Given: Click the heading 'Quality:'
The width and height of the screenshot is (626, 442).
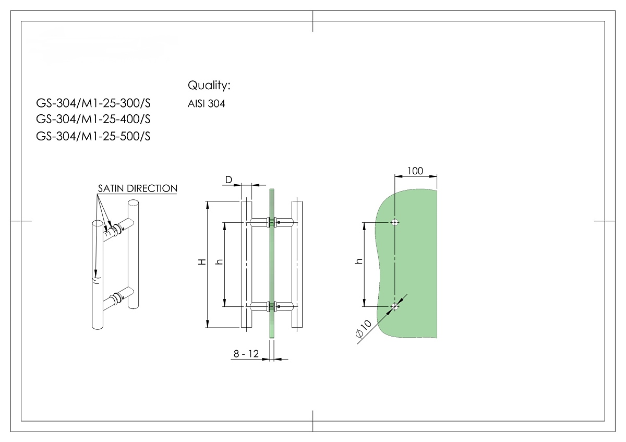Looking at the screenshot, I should click(x=209, y=85).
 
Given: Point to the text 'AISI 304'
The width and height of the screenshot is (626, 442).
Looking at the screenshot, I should click(x=206, y=104).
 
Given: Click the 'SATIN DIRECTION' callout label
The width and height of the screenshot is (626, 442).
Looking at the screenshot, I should click(x=137, y=188).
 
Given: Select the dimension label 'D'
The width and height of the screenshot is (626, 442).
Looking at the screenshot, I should click(x=228, y=180).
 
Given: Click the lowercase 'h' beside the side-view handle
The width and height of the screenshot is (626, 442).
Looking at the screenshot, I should click(x=219, y=262).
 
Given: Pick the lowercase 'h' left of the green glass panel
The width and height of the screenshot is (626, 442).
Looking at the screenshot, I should click(x=358, y=262).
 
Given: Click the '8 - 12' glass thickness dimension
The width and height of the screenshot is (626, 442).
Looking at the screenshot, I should click(x=246, y=354).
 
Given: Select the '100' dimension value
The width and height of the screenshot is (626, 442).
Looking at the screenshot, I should click(x=415, y=171).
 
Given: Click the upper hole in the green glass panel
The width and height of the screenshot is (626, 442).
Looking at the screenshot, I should click(x=395, y=222).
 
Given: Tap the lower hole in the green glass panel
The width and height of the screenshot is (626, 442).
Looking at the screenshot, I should click(x=395, y=307).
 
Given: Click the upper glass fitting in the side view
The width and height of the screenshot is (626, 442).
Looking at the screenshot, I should click(x=271, y=223).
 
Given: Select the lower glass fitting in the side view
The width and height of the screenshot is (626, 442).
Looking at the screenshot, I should click(x=271, y=307).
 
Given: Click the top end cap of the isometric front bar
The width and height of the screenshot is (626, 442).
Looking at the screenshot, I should click(x=98, y=225).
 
